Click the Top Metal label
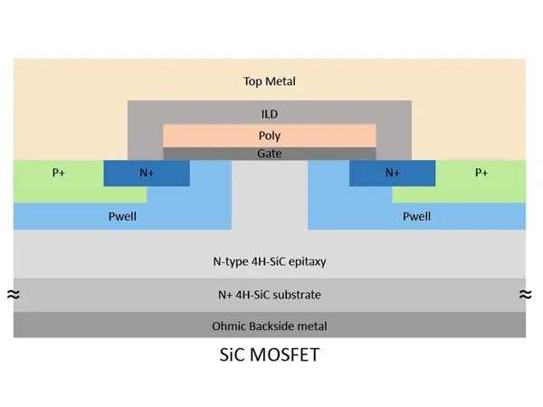(x=270, y=81)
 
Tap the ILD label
(x=270, y=115)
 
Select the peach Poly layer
(x=270, y=136)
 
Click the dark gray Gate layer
(x=270, y=154)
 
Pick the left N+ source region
(x=148, y=172)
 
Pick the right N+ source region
(x=392, y=172)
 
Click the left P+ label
(x=57, y=172)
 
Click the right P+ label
(x=481, y=172)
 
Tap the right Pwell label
(x=416, y=216)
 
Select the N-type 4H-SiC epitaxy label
(x=270, y=261)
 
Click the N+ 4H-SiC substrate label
(x=270, y=295)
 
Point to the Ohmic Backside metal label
(x=270, y=326)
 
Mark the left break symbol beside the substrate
(x=13, y=294)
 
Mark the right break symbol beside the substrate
(x=527, y=294)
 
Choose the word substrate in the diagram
(x=296, y=295)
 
